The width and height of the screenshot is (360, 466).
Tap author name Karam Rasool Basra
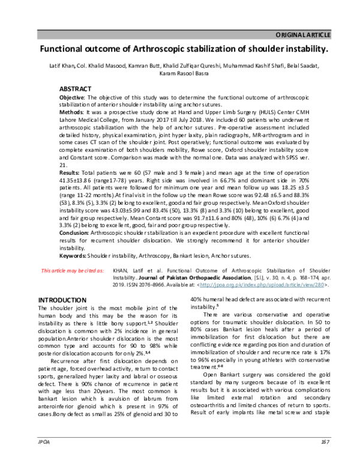[180, 73]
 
